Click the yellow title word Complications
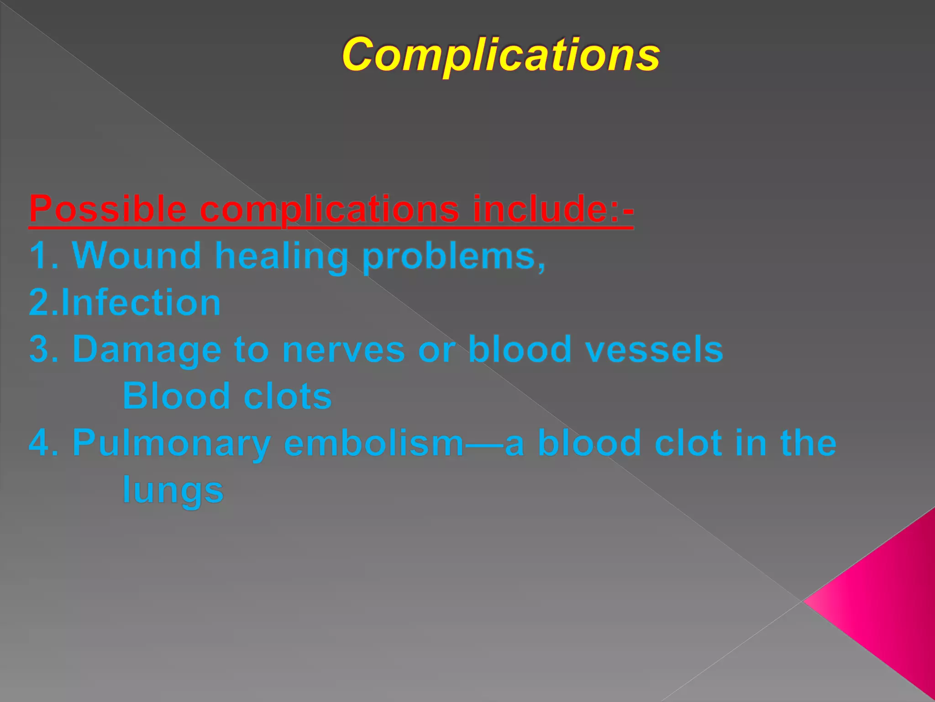(x=501, y=55)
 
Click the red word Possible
(x=108, y=209)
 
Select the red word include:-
(x=553, y=209)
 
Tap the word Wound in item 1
(x=137, y=256)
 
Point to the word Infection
(x=141, y=303)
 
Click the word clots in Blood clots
(x=288, y=397)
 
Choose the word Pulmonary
(x=172, y=444)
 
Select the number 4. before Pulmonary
(x=44, y=443)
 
